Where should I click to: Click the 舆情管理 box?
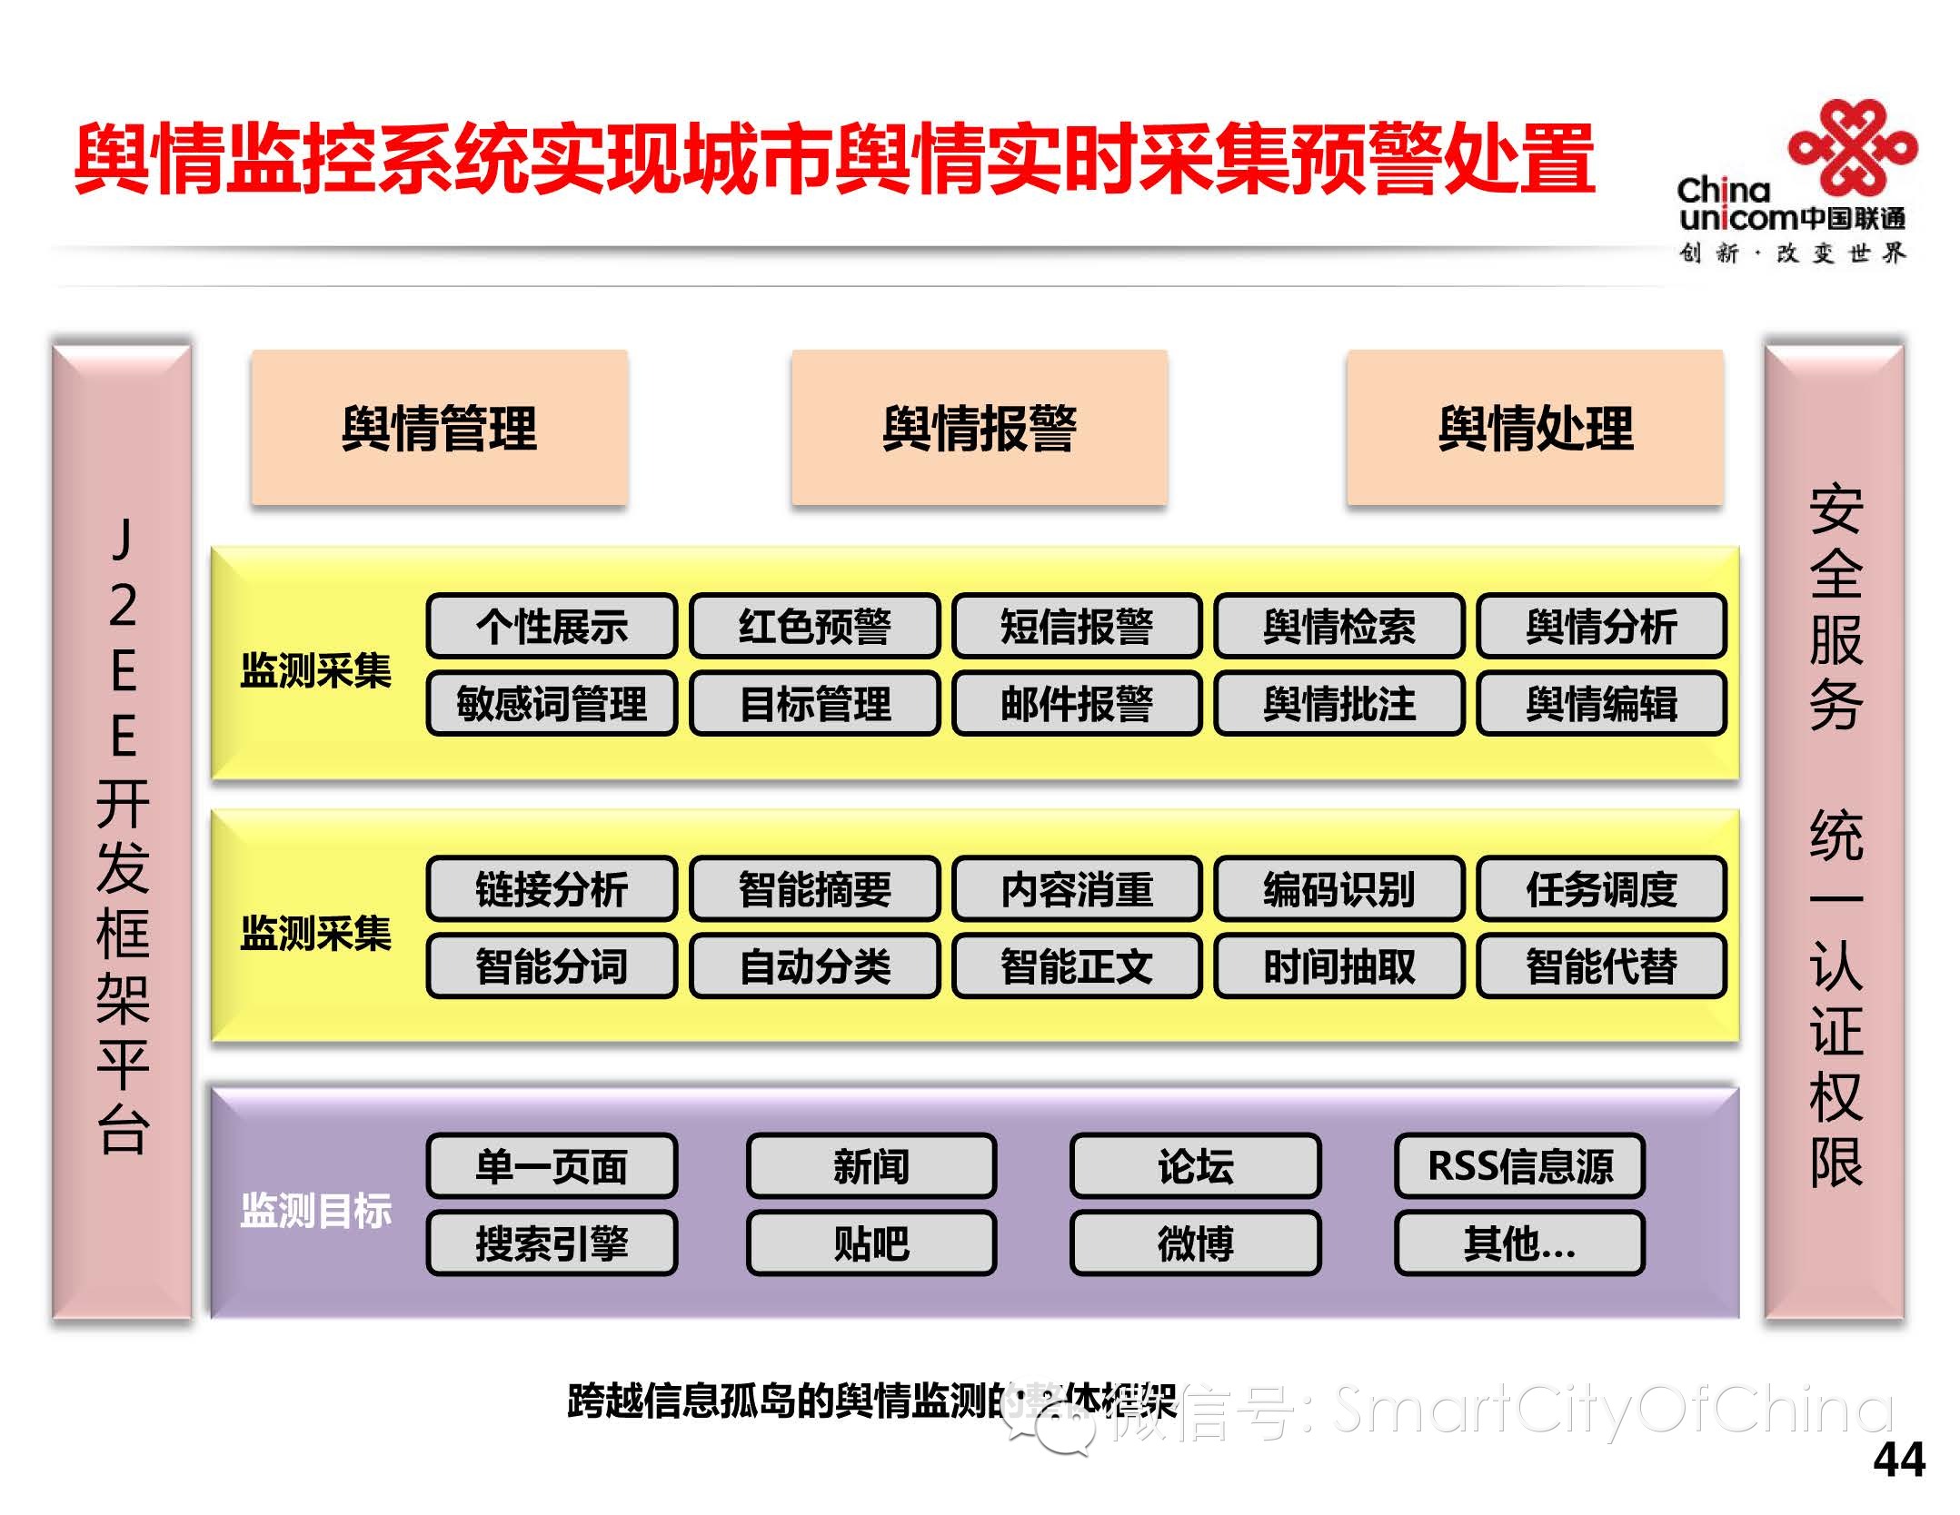tap(439, 427)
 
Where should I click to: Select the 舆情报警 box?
tap(979, 427)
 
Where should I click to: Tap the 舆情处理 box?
tap(1535, 427)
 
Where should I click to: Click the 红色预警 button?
tap(814, 626)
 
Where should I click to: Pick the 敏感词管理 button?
tap(552, 703)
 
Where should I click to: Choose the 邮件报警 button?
tap(1077, 703)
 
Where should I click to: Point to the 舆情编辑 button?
tap(1601, 703)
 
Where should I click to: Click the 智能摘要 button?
tap(814, 888)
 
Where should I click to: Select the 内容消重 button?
tap(1077, 888)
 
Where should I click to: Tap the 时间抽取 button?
tap(1338, 965)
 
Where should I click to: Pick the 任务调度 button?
tap(1601, 888)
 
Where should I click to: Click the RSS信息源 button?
tap(1519, 1165)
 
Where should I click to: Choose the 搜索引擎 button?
tap(552, 1243)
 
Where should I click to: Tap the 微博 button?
tap(1195, 1243)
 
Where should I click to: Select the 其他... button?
tap(1519, 1243)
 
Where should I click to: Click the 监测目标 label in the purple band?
tap(315, 1210)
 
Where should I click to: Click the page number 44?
tap(1898, 1461)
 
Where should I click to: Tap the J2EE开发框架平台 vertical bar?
tap(123, 831)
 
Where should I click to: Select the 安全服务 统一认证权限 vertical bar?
tap(1835, 831)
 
